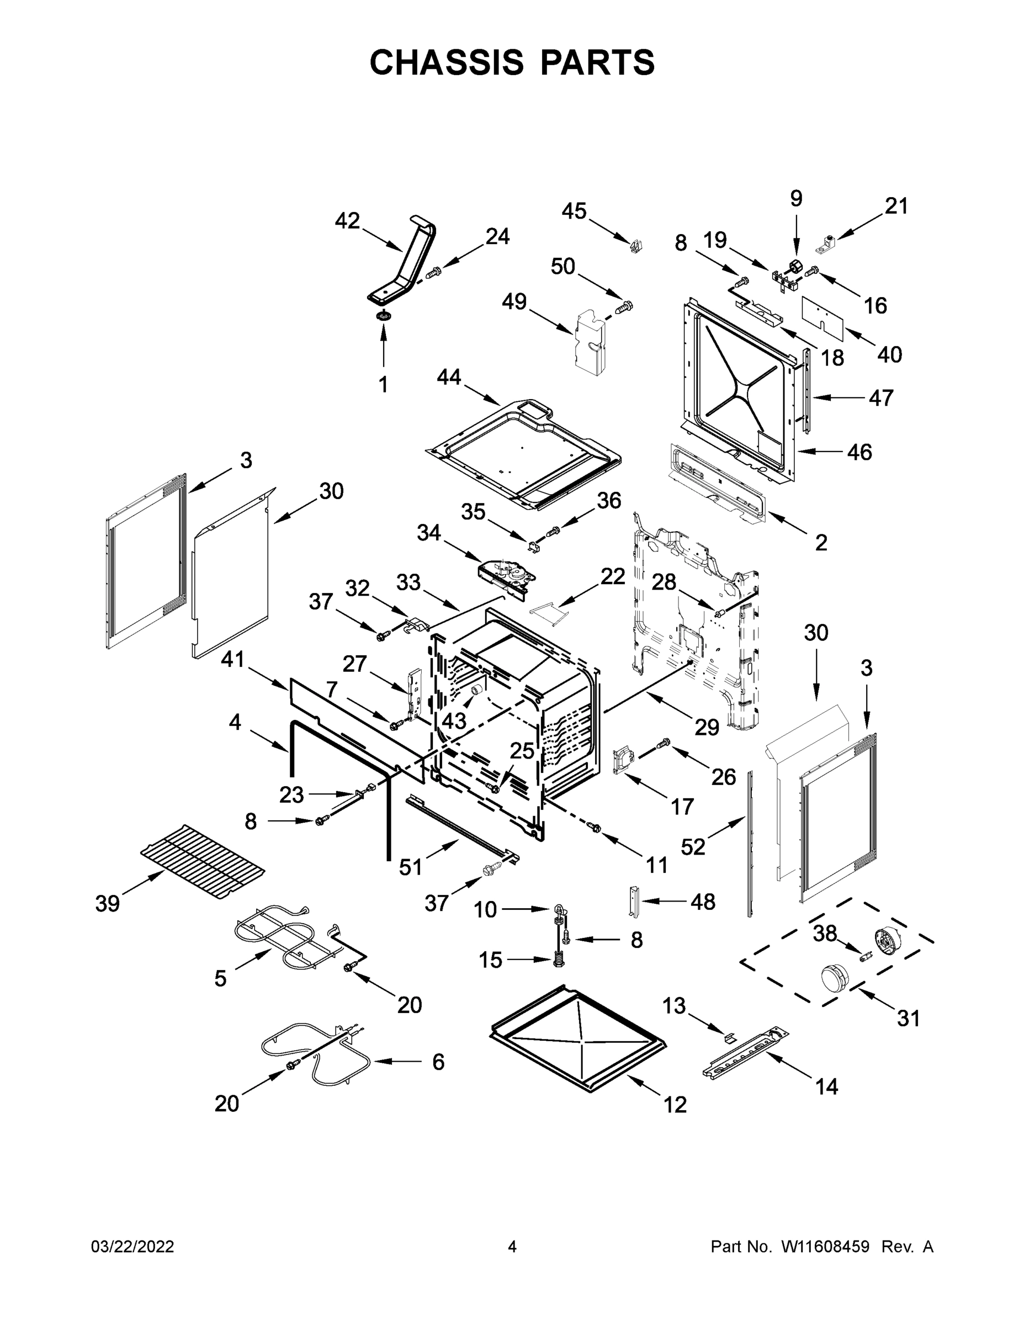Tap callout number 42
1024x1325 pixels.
click(347, 221)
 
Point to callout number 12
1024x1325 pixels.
click(675, 1105)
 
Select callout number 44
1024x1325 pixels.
click(449, 378)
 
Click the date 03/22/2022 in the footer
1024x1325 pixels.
click(132, 1247)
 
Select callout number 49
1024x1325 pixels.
click(514, 301)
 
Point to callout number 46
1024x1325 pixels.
click(859, 452)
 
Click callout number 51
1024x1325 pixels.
click(410, 867)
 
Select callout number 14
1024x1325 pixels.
click(826, 1086)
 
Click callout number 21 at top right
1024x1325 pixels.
click(896, 206)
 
